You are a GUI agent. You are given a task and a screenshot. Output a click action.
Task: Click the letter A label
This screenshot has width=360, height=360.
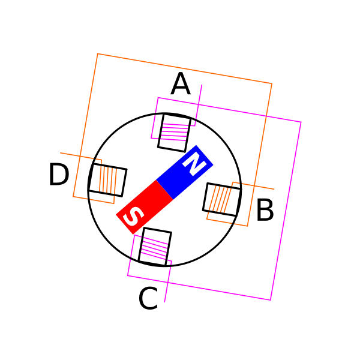[181, 83]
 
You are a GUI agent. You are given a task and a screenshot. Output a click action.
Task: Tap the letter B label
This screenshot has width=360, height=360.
[265, 210]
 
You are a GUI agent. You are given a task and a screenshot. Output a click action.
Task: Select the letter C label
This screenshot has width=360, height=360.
[148, 298]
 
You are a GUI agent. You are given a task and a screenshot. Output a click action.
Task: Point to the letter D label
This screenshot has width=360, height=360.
[59, 174]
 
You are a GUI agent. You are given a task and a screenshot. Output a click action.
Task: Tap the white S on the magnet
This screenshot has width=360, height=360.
[133, 216]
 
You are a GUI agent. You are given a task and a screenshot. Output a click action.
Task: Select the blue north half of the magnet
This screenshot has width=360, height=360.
[184, 172]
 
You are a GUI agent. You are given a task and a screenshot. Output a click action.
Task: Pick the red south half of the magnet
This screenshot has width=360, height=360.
[145, 207]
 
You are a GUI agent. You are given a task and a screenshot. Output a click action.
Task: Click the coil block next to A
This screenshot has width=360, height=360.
[174, 133]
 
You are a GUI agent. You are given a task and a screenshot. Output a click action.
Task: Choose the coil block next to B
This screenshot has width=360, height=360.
[222, 200]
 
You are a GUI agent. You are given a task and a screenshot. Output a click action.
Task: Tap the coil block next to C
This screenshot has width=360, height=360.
[155, 247]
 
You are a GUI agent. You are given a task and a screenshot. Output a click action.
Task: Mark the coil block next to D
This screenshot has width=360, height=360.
[107, 180]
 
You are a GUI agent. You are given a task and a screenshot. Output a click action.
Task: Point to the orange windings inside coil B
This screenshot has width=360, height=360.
[220, 199]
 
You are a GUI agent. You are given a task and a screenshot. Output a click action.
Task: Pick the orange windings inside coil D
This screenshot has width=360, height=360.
[108, 179]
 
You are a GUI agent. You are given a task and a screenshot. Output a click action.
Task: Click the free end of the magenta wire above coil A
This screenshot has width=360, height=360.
[202, 85]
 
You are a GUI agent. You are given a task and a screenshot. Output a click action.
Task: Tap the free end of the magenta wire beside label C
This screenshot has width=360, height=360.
[164, 302]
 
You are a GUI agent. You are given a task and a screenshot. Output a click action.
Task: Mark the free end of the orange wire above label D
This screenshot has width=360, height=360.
[60, 152]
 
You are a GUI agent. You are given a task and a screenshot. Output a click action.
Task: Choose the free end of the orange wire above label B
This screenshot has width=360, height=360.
[274, 189]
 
